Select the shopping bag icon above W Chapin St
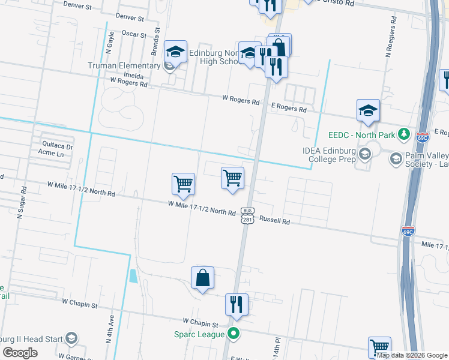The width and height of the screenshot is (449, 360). (x=202, y=278)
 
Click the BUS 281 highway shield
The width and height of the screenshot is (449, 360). (x=247, y=215)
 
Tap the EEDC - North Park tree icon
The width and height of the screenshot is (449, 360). (x=405, y=134)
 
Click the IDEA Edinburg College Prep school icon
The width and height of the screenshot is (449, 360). (x=364, y=155)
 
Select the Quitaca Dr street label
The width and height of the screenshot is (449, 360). (x=57, y=146)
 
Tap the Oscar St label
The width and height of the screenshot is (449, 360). (x=134, y=34)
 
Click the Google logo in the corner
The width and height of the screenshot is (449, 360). (x=20, y=353)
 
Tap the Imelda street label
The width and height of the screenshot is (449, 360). (x=133, y=77)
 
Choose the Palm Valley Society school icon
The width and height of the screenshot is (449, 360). (x=396, y=158)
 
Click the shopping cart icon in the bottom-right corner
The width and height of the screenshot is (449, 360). (x=379, y=346)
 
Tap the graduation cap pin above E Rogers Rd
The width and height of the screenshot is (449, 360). (x=368, y=111)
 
